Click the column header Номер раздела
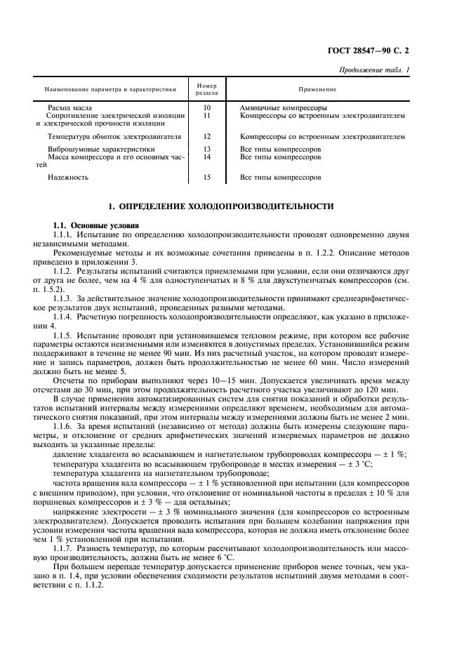206,89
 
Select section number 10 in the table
206,108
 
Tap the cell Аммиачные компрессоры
284,108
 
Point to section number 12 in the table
206,136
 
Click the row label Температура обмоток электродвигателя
114,136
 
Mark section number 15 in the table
206,178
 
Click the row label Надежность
68,178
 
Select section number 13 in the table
206,150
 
